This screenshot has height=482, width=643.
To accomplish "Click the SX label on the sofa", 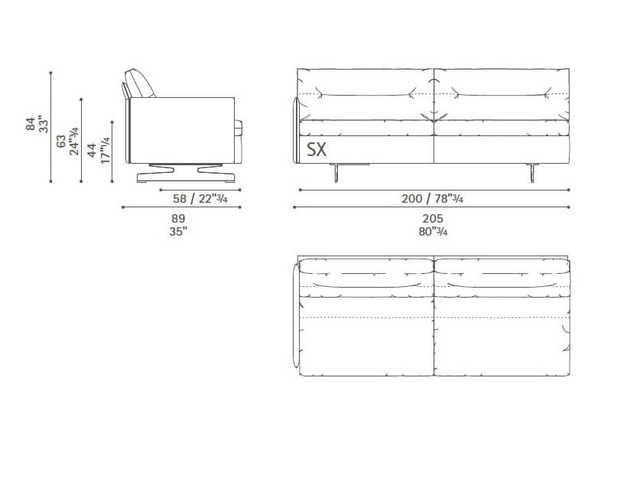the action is [x=317, y=149].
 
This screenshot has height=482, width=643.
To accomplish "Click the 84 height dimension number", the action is [x=31, y=124].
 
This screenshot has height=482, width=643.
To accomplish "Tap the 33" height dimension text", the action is [x=43, y=124].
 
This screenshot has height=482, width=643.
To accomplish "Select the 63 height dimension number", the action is [x=60, y=141].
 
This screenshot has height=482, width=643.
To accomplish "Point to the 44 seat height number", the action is [x=92, y=150].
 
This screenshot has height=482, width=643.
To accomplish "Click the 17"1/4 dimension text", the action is [x=105, y=150].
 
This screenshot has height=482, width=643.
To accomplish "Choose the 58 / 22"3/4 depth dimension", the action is [x=200, y=199].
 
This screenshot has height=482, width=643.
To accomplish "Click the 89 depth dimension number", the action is [x=178, y=219].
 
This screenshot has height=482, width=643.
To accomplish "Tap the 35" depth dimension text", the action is [x=178, y=231].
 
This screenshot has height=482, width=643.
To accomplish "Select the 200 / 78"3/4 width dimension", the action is [x=432, y=199].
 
